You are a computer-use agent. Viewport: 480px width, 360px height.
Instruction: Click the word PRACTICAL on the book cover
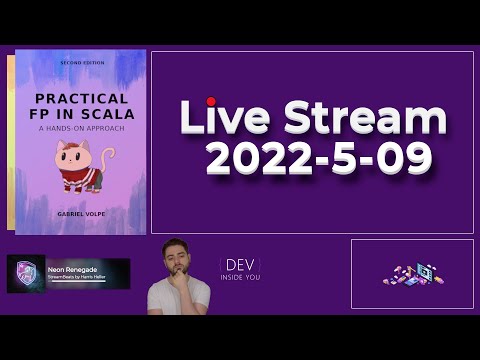[x=81, y=99]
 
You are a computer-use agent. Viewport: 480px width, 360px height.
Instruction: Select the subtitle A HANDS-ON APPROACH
[x=81, y=130]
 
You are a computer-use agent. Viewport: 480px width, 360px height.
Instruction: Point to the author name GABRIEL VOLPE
[x=81, y=214]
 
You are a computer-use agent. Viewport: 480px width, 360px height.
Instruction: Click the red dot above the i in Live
[x=211, y=101]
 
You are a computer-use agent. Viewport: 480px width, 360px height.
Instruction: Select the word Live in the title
[x=225, y=119]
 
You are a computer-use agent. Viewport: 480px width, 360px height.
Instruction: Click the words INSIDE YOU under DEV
[x=240, y=277]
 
